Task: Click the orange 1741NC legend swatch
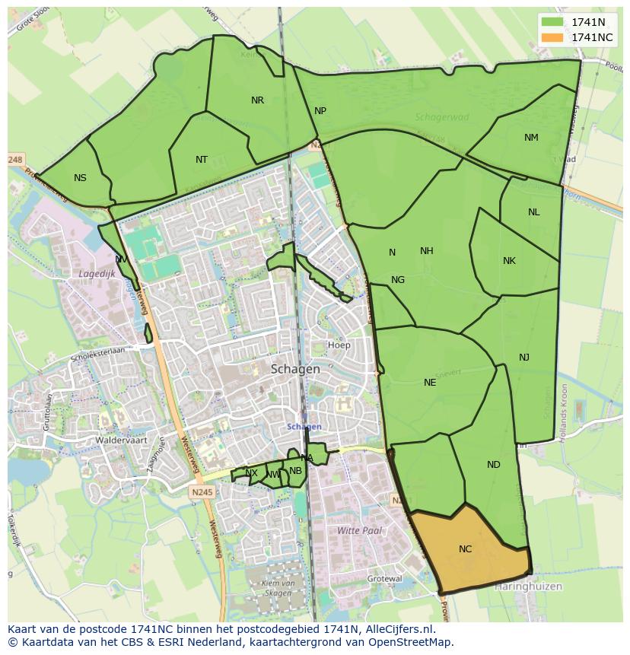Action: point(553,37)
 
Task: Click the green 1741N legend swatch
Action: point(553,22)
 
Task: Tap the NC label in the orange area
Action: point(465,549)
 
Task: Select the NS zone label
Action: point(80,178)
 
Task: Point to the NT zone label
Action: point(201,160)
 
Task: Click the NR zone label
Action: point(257,100)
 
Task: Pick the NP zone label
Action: point(320,111)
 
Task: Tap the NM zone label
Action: point(531,138)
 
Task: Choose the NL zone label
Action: point(533,212)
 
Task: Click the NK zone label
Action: point(509,261)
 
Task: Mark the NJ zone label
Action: point(524,358)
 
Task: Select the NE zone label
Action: point(430,383)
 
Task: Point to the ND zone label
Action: point(493,465)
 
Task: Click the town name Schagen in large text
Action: point(295,369)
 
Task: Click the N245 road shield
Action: point(203,492)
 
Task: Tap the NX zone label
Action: point(251,473)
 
